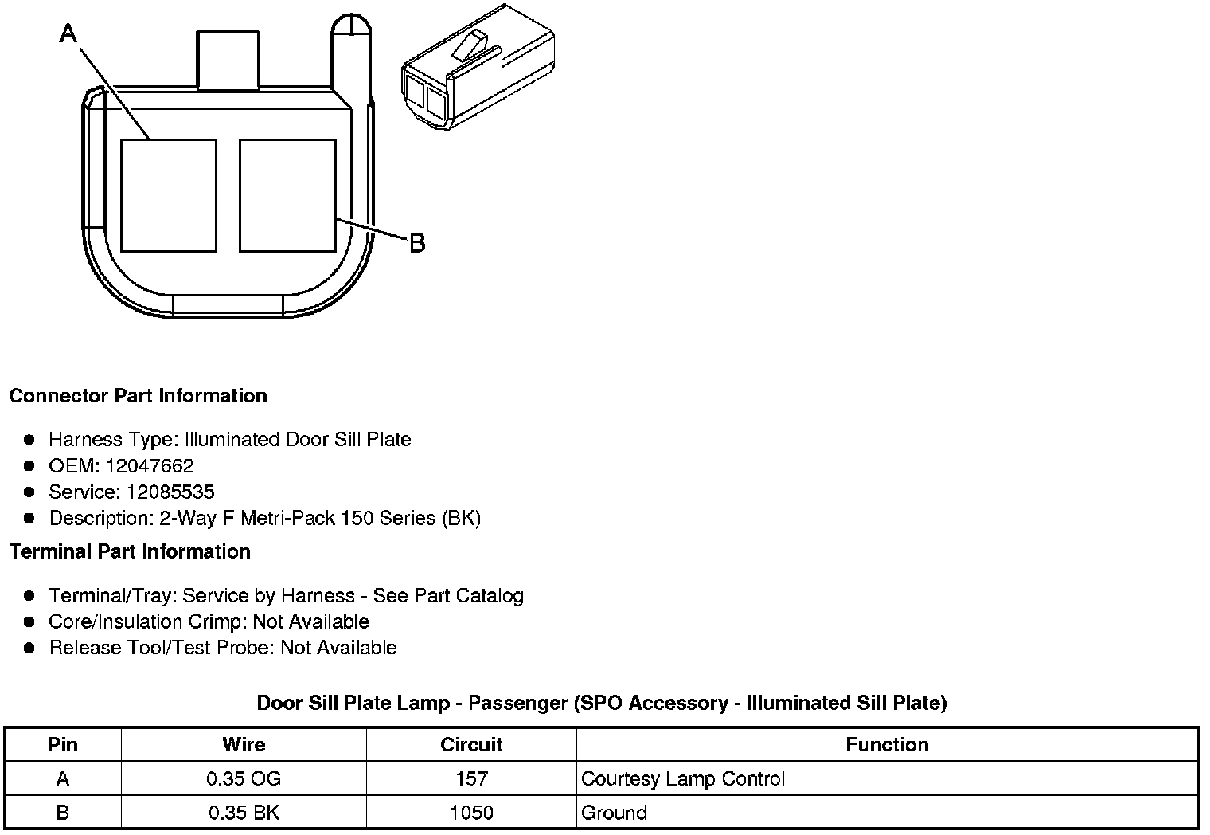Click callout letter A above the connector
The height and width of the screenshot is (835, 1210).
[68, 33]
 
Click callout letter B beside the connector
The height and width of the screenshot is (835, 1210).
[417, 243]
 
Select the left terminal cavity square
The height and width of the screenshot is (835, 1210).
[169, 196]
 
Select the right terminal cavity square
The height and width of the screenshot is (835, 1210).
[287, 196]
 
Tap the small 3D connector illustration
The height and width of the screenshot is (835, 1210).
[478, 67]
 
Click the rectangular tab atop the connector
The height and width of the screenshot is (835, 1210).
[228, 60]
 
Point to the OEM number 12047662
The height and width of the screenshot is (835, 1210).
[150, 465]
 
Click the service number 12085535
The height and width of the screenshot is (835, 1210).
[170, 492]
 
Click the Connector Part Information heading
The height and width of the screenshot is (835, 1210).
[139, 396]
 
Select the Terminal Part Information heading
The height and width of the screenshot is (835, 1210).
[131, 551]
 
